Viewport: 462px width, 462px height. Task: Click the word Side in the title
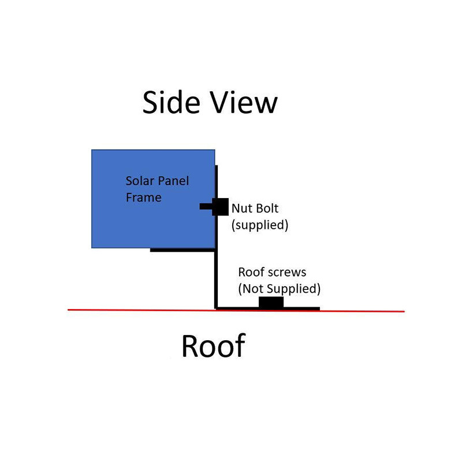[x=171, y=102]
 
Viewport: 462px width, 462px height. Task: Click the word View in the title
[x=244, y=102]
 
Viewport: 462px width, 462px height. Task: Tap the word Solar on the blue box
[x=140, y=181]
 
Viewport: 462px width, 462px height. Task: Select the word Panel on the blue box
[x=174, y=181]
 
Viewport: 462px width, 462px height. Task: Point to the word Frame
[x=143, y=198]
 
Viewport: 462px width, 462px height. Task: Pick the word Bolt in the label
[x=267, y=208]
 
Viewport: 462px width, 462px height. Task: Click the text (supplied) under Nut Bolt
[x=260, y=225]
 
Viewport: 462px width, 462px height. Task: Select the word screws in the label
[x=287, y=273]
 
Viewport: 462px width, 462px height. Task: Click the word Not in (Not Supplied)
[x=251, y=289]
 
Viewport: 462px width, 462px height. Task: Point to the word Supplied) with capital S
[x=294, y=289]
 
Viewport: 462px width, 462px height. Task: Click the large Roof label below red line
[x=214, y=345]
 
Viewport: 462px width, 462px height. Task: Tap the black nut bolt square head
[x=221, y=207]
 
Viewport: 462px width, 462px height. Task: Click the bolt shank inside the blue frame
[x=206, y=206]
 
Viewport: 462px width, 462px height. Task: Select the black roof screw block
[x=271, y=302]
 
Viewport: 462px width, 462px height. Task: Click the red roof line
[x=236, y=311]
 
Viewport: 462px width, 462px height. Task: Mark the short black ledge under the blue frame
[x=182, y=250]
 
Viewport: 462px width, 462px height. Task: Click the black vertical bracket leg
[x=216, y=237]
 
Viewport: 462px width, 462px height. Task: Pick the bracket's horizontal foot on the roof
[x=267, y=308]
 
